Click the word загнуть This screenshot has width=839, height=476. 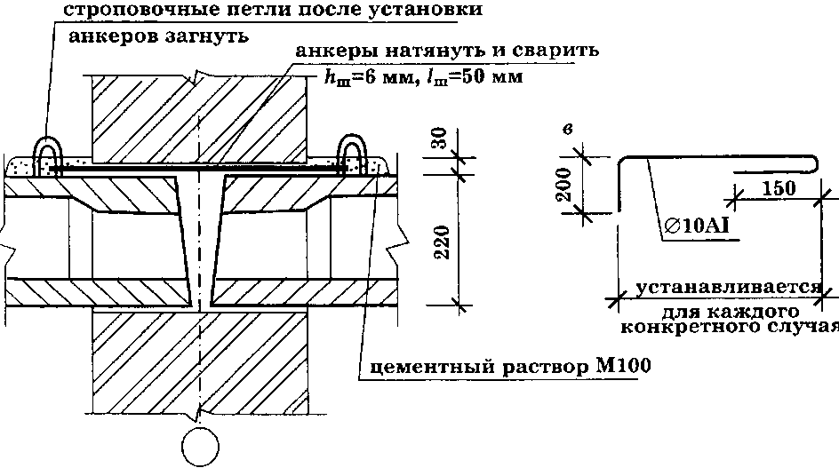(x=206, y=37)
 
